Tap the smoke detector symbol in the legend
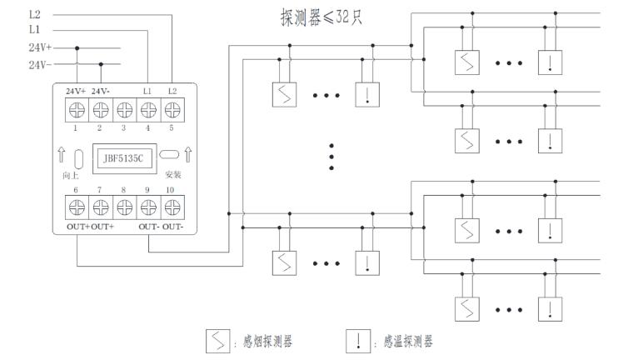pyautogui.click(x=217, y=340)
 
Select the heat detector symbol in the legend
pyautogui.click(x=357, y=340)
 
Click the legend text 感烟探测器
pyautogui.click(x=264, y=341)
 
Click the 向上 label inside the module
pyautogui.click(x=71, y=176)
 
